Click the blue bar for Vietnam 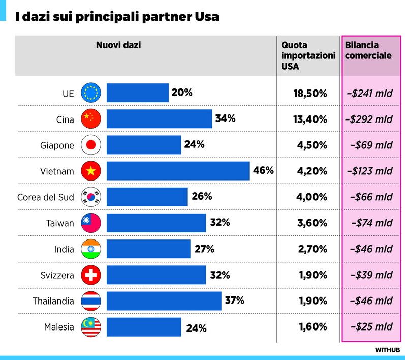point(178,171)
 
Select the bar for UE point(137,93)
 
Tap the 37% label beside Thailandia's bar point(234,301)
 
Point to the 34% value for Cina point(225,118)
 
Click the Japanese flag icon point(91,145)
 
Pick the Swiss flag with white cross point(91,275)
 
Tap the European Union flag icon point(91,93)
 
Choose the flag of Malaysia point(91,327)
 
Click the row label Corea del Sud point(46,197)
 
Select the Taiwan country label point(60,223)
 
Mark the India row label point(64,249)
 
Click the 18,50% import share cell point(310,93)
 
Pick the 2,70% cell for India point(312,249)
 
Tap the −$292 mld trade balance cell point(368,119)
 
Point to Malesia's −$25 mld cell point(371,327)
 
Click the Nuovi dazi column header point(118,45)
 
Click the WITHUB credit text point(387,350)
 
